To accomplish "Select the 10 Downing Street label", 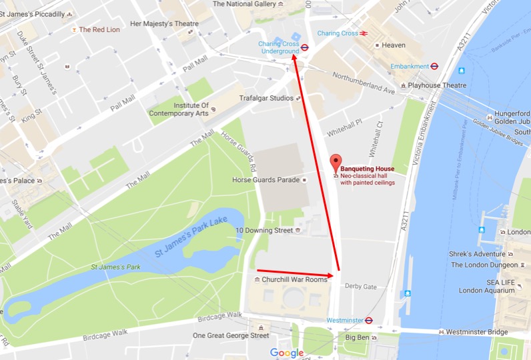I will tap(264, 230).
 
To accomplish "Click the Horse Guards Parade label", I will tap(265, 180).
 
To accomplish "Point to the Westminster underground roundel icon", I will tap(368, 320).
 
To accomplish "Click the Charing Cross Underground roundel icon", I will tap(304, 47).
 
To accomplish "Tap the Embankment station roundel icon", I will tap(434, 66).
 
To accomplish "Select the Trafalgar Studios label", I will tap(266, 98).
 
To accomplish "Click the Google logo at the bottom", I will tap(287, 353).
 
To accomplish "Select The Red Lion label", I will tap(100, 29).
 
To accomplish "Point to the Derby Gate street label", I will tap(361, 286).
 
